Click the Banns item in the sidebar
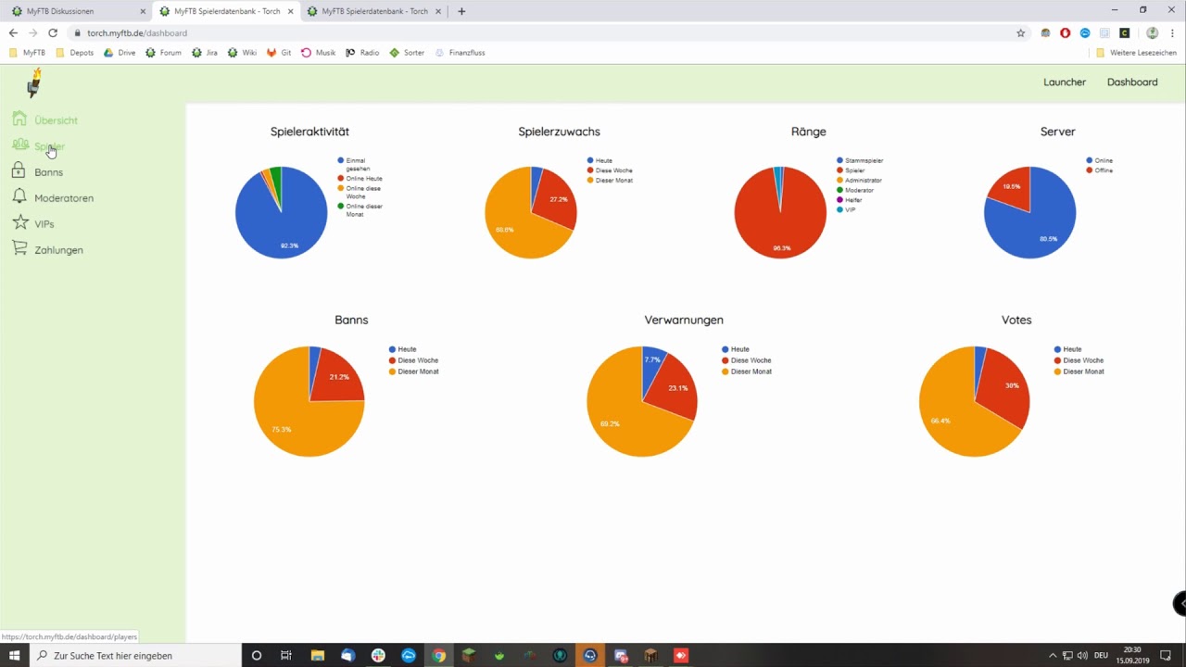pyautogui.click(x=48, y=172)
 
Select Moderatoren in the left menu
pyautogui.click(x=63, y=198)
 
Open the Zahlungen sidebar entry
pyautogui.click(x=58, y=250)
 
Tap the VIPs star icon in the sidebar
pyautogui.click(x=19, y=223)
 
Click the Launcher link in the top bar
pyautogui.click(x=1065, y=82)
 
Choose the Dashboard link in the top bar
pyautogui.click(x=1132, y=82)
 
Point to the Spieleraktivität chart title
pyautogui.click(x=309, y=132)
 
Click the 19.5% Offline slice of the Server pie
pyautogui.click(x=1009, y=189)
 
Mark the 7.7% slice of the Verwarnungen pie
pyautogui.click(x=652, y=361)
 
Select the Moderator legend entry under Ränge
pyautogui.click(x=859, y=191)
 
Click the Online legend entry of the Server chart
pyautogui.click(x=1103, y=161)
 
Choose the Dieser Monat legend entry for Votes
pyautogui.click(x=1083, y=371)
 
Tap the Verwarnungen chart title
pyautogui.click(x=684, y=320)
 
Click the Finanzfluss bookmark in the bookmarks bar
pyautogui.click(x=466, y=53)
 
